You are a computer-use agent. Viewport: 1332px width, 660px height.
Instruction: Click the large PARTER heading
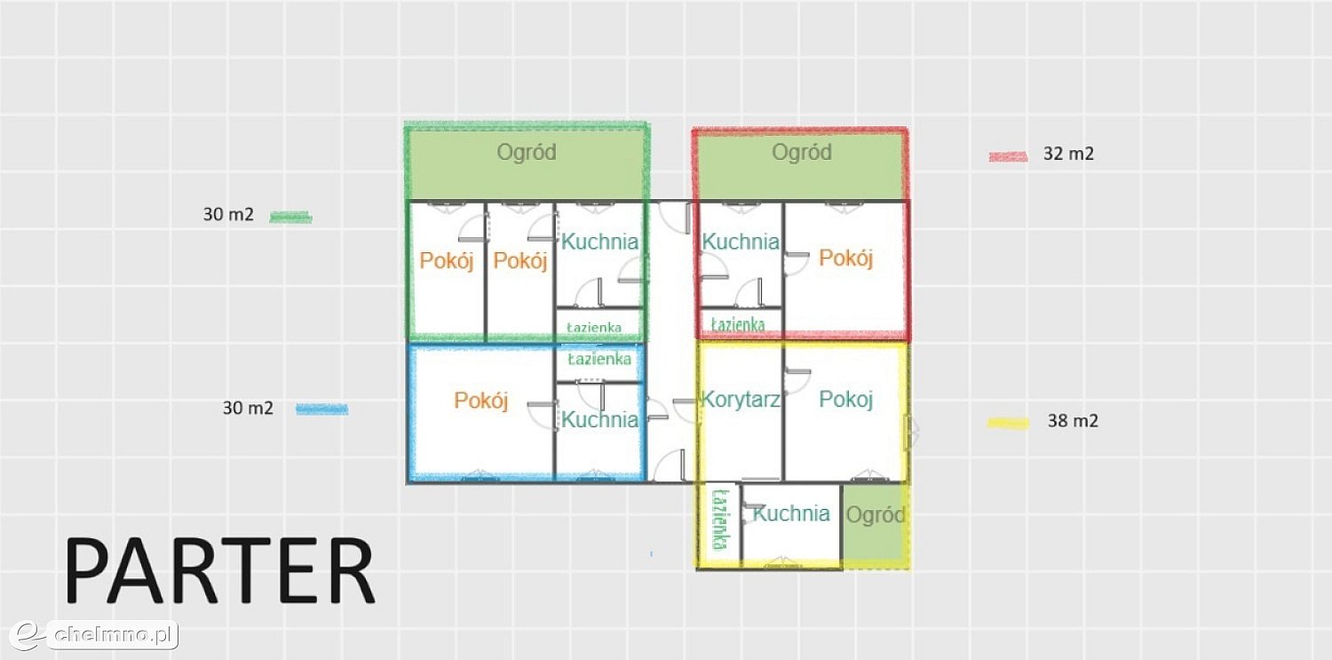[x=219, y=571]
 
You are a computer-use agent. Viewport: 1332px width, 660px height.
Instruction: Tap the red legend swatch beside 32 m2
[x=1008, y=157]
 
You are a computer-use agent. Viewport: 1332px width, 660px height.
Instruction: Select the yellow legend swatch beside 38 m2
[x=1008, y=424]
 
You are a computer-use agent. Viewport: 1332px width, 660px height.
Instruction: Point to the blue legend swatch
[x=322, y=410]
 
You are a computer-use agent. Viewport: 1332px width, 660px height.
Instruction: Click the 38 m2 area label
[x=1073, y=421]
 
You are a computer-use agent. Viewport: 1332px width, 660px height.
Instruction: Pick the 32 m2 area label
[x=1068, y=154]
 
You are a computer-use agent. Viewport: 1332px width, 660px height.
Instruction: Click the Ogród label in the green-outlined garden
[x=527, y=152]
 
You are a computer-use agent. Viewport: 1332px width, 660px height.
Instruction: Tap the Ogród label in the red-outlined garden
[x=802, y=152]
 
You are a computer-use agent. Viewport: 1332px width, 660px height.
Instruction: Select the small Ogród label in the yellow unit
[x=876, y=515]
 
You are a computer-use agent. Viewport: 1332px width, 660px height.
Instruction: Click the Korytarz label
[x=741, y=399]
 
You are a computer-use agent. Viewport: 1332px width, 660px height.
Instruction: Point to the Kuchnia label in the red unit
[x=741, y=242]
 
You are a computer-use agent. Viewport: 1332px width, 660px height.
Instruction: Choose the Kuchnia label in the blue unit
[x=599, y=420]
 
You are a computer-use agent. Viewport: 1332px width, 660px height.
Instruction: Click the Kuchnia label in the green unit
[x=599, y=242]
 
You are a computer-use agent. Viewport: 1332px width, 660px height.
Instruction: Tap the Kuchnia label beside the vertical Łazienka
[x=791, y=513]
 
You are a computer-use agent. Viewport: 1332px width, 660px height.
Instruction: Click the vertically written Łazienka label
[x=720, y=520]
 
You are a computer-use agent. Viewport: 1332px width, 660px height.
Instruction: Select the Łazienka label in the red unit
[x=738, y=324]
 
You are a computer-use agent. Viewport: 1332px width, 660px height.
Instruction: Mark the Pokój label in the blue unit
[x=481, y=401]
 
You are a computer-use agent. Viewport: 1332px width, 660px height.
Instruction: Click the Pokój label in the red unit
[x=845, y=258]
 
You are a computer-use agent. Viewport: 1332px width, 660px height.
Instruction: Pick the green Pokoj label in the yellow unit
[x=845, y=399]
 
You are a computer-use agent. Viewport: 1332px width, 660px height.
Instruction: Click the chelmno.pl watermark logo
[x=94, y=635]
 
